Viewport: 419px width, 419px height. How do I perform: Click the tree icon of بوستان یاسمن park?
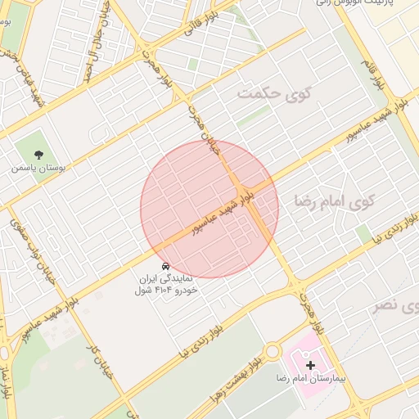tap(38, 154)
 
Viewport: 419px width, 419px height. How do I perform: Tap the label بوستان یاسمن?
tap(38, 168)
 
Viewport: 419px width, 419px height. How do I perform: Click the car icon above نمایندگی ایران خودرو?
tap(165, 267)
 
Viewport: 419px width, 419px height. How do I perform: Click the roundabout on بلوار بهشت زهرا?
tap(273, 353)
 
